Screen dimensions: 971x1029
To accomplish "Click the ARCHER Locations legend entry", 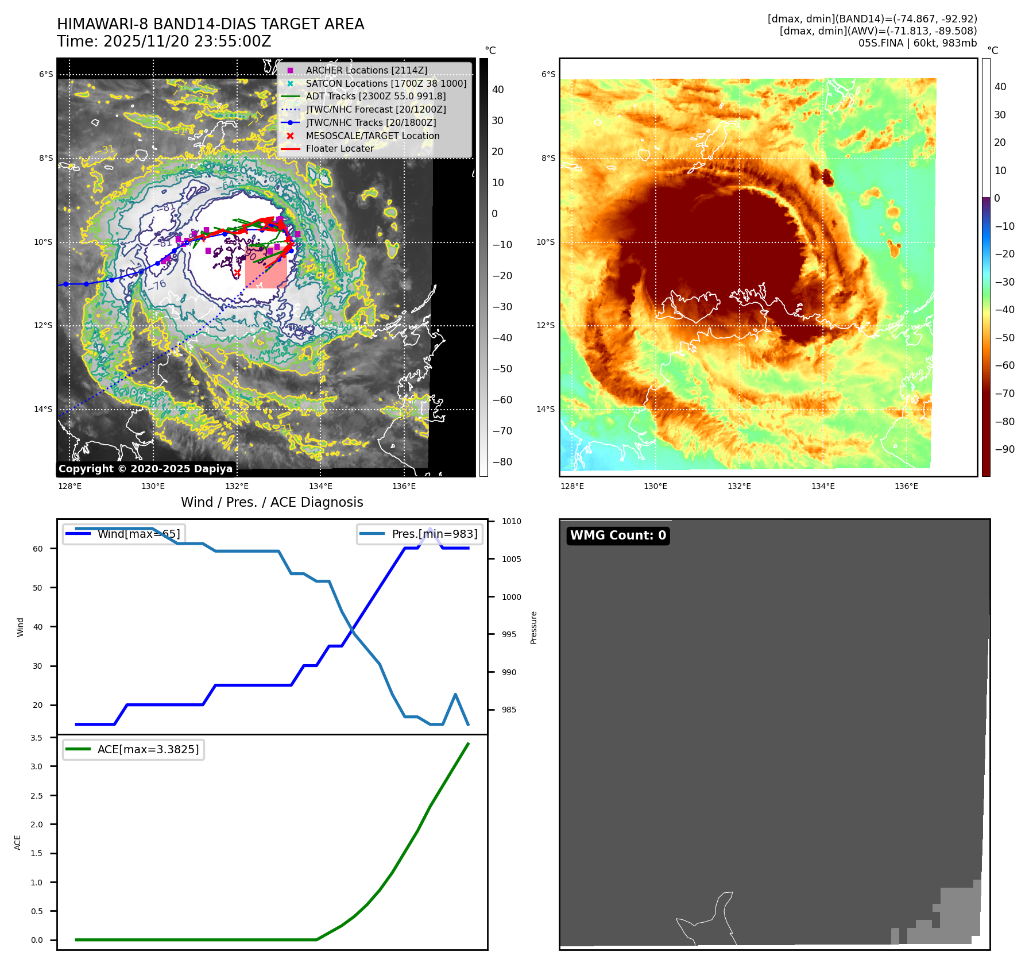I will [366, 70].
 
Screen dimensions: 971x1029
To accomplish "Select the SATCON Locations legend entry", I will [386, 83].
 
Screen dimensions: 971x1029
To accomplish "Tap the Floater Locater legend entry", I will [339, 148].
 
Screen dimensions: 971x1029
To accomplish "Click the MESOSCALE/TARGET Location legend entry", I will [372, 136].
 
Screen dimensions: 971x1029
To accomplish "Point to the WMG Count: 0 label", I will [618, 535].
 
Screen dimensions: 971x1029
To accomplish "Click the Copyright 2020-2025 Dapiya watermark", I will [146, 469].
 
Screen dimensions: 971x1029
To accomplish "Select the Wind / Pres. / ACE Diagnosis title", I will [272, 502].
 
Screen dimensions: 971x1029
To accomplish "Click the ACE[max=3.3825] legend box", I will [134, 749].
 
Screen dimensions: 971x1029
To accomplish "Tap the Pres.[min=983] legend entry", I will [420, 534].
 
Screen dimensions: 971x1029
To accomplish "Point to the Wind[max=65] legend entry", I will [124, 534].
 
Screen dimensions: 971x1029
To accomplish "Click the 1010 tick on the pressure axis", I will [511, 522].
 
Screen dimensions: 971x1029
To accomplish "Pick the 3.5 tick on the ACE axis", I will [36, 738].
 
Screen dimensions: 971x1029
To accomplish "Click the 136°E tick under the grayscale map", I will [404, 487].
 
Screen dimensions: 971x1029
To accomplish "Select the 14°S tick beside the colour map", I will [546, 409].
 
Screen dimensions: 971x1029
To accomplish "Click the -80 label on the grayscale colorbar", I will [502, 462].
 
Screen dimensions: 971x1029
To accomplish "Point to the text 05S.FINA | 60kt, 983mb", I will [917, 43].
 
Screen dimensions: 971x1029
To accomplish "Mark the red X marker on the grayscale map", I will [237, 272].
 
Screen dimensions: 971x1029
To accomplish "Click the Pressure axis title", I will [533, 627].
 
